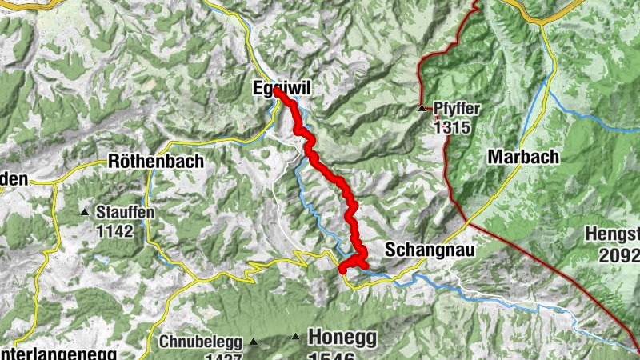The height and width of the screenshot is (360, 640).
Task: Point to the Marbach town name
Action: [x=522, y=157]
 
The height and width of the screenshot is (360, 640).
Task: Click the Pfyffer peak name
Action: [x=456, y=107]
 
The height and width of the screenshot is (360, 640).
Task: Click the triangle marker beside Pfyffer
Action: [x=422, y=107]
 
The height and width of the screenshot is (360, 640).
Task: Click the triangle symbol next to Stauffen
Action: [x=85, y=212]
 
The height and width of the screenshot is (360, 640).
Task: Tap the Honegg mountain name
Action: [x=342, y=337]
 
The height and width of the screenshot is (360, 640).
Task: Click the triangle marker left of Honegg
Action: [x=296, y=337]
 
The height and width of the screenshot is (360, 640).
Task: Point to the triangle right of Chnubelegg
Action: [x=254, y=342]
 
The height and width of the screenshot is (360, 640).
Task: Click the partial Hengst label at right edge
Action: [x=622, y=235]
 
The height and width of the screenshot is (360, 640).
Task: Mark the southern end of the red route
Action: [x=343, y=270]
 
